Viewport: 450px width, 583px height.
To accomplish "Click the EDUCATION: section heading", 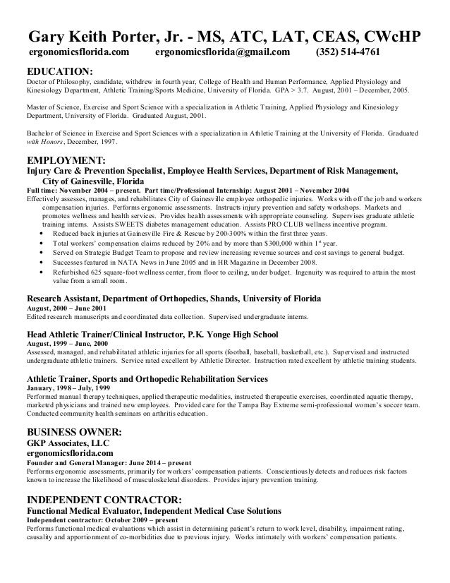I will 59,71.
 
